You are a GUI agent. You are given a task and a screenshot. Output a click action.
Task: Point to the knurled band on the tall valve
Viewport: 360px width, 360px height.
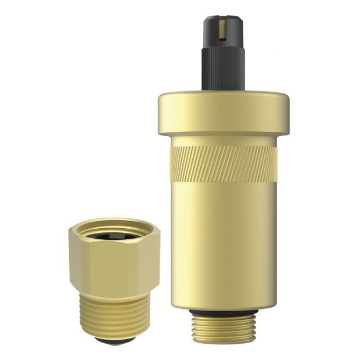223,163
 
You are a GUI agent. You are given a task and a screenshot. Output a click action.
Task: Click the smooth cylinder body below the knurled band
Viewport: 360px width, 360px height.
223,244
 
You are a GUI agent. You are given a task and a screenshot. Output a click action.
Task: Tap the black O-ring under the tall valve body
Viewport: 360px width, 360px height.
223,314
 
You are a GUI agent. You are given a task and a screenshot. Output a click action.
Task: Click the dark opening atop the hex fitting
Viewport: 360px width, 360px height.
114,235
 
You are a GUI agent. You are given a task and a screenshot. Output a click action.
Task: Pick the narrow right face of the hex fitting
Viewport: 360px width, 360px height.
153,261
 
